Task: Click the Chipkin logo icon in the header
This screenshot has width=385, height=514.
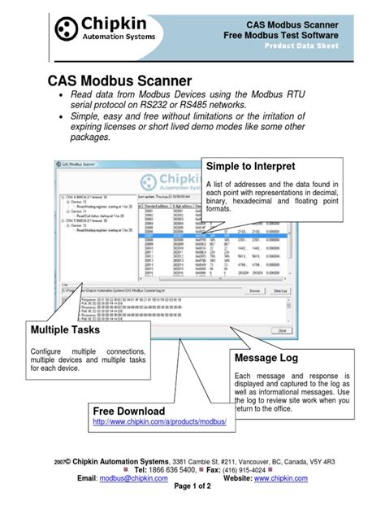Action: coord(69,30)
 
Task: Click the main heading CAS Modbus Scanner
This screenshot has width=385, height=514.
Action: coord(119,81)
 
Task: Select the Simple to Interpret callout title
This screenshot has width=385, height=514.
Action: coord(251,167)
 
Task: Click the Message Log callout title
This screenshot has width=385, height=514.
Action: coord(266,358)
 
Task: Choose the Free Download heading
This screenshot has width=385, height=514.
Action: coord(129,411)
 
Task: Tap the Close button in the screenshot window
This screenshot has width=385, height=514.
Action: coord(283,330)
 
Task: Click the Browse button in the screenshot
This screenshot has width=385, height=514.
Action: coord(254,290)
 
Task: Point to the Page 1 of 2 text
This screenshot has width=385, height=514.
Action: coord(193,490)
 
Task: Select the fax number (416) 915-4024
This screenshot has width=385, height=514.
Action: coord(242,469)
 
